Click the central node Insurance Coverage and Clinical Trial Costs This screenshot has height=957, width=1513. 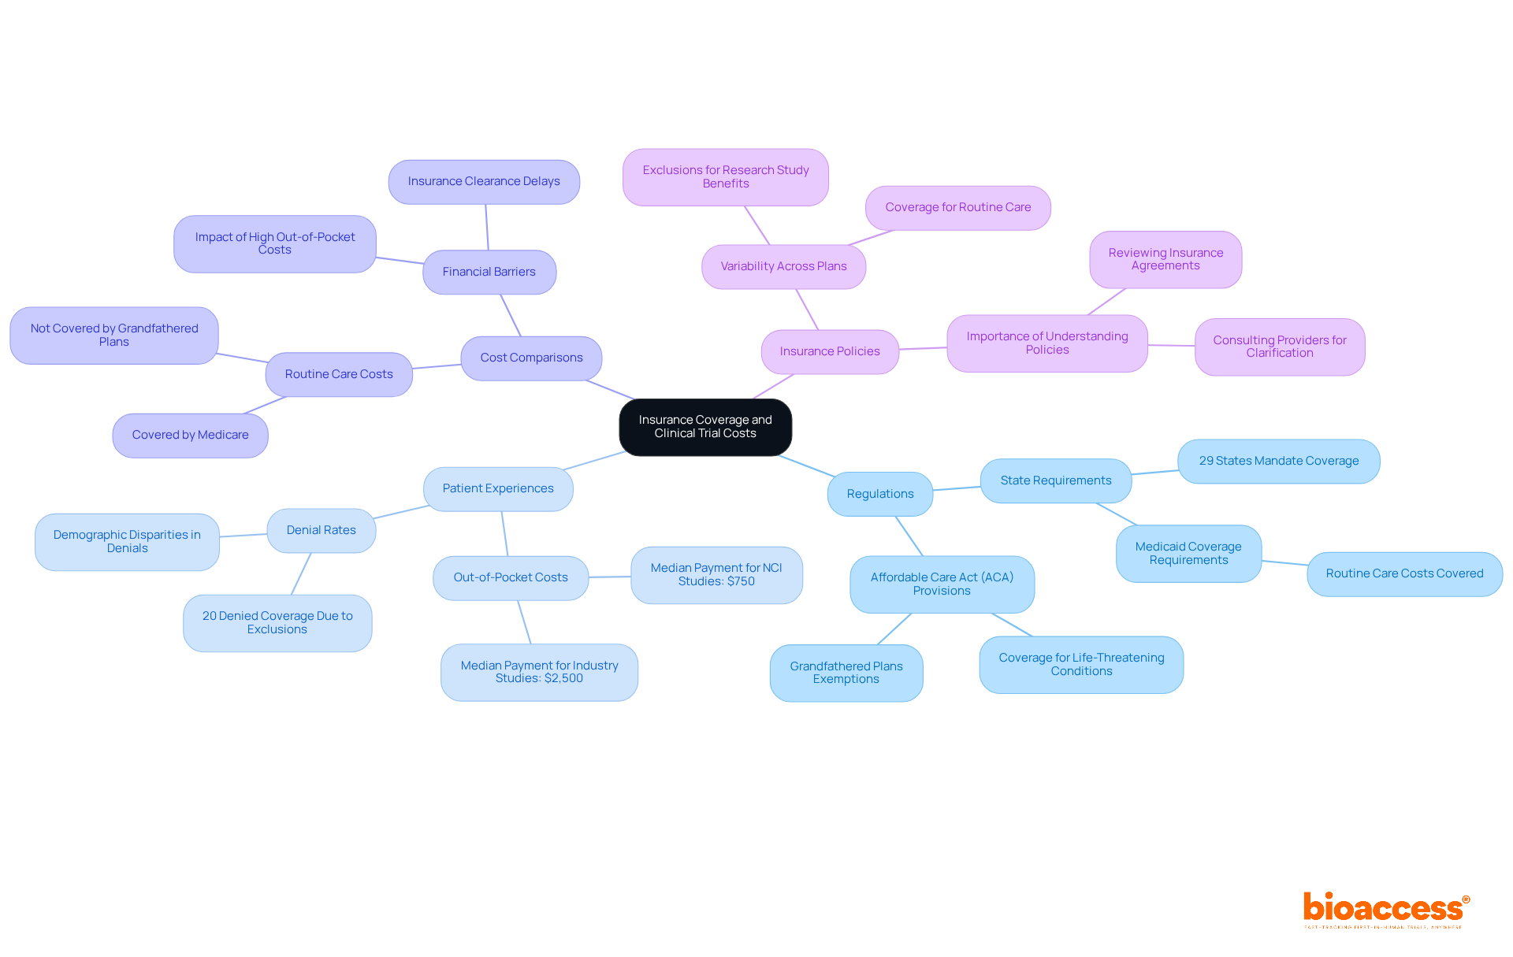[x=705, y=427]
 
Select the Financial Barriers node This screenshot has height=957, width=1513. [x=489, y=272]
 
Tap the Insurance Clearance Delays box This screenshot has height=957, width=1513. [x=484, y=182]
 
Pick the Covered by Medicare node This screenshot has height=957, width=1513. [x=190, y=435]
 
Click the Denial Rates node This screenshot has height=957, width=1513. [x=321, y=530]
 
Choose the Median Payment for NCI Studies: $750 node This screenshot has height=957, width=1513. [x=716, y=575]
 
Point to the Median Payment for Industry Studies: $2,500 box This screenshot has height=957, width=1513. [x=539, y=672]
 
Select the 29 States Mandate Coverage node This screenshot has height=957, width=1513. [x=1278, y=461]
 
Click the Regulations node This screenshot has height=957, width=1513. [x=879, y=494]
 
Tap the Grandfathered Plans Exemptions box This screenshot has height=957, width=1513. [x=846, y=673]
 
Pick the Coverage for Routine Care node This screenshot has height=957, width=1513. [x=957, y=208]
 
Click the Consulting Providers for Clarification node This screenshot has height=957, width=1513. [x=1279, y=347]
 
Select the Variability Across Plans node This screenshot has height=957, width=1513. [x=783, y=267]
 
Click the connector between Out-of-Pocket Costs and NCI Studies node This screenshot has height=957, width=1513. [x=610, y=577]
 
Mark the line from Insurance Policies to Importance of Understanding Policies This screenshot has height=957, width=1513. [x=923, y=348]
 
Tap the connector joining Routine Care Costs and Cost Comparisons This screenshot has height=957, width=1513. [x=437, y=366]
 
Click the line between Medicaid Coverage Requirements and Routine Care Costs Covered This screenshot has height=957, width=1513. [x=1284, y=562]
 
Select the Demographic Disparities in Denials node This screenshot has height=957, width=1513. [x=127, y=542]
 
